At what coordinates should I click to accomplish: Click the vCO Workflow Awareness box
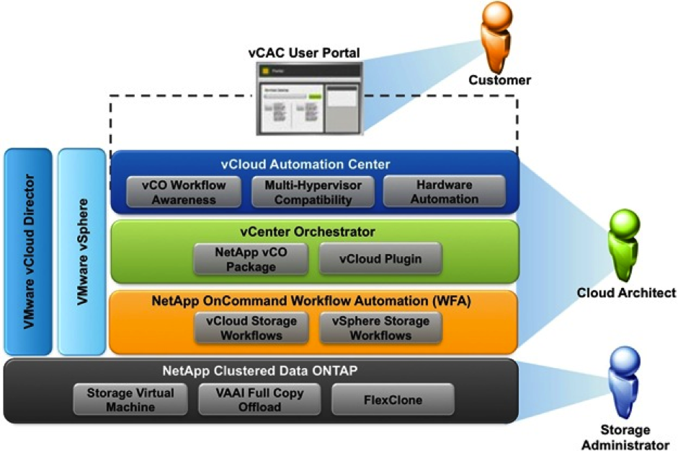point(184,191)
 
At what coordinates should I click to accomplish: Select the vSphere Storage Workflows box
point(380,328)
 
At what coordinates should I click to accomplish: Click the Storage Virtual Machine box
point(130,399)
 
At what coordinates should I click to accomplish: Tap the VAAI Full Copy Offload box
point(261,399)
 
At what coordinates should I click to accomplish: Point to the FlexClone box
point(393,399)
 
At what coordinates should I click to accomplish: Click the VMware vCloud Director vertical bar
point(28,252)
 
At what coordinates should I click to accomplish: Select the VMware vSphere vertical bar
point(81,252)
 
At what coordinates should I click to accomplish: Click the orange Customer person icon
point(496,36)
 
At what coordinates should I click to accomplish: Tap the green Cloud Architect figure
point(623,245)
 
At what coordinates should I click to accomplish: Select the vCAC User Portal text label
point(310,53)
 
